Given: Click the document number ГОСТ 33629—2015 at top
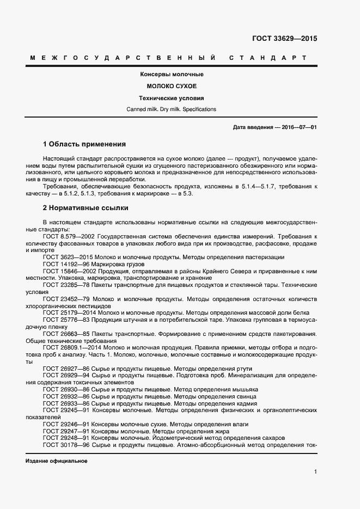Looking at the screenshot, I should pos(284,39).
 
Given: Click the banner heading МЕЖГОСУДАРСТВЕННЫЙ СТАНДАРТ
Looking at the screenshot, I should pos(168,58).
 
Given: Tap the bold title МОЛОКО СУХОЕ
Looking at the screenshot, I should pos(172,87).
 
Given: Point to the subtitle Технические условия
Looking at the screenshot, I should pos(172,99).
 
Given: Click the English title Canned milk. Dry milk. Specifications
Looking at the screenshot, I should pos(172,109).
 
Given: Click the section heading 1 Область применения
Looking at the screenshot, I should pos(84,144).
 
